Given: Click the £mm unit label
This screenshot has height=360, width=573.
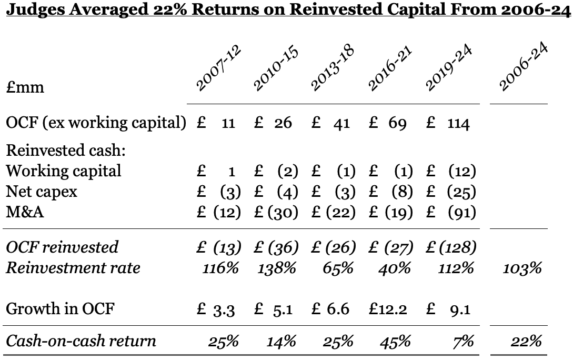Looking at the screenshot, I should coord(25,87).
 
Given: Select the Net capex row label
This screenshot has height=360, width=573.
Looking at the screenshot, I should coord(42,192).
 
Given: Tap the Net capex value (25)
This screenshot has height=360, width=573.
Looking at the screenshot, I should coord(461,192).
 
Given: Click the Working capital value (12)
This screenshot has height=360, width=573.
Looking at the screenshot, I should coord(461,171).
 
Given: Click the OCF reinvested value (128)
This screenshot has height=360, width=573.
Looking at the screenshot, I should coord(457,247).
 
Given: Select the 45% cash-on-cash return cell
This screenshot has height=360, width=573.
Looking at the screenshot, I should coord(395,341).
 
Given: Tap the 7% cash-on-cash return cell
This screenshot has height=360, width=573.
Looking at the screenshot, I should coord(463,341).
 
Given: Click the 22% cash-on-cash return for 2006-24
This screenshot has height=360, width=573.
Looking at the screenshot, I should coord(526,341).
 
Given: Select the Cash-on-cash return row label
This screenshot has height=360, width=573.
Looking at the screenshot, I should coord(81,341).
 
